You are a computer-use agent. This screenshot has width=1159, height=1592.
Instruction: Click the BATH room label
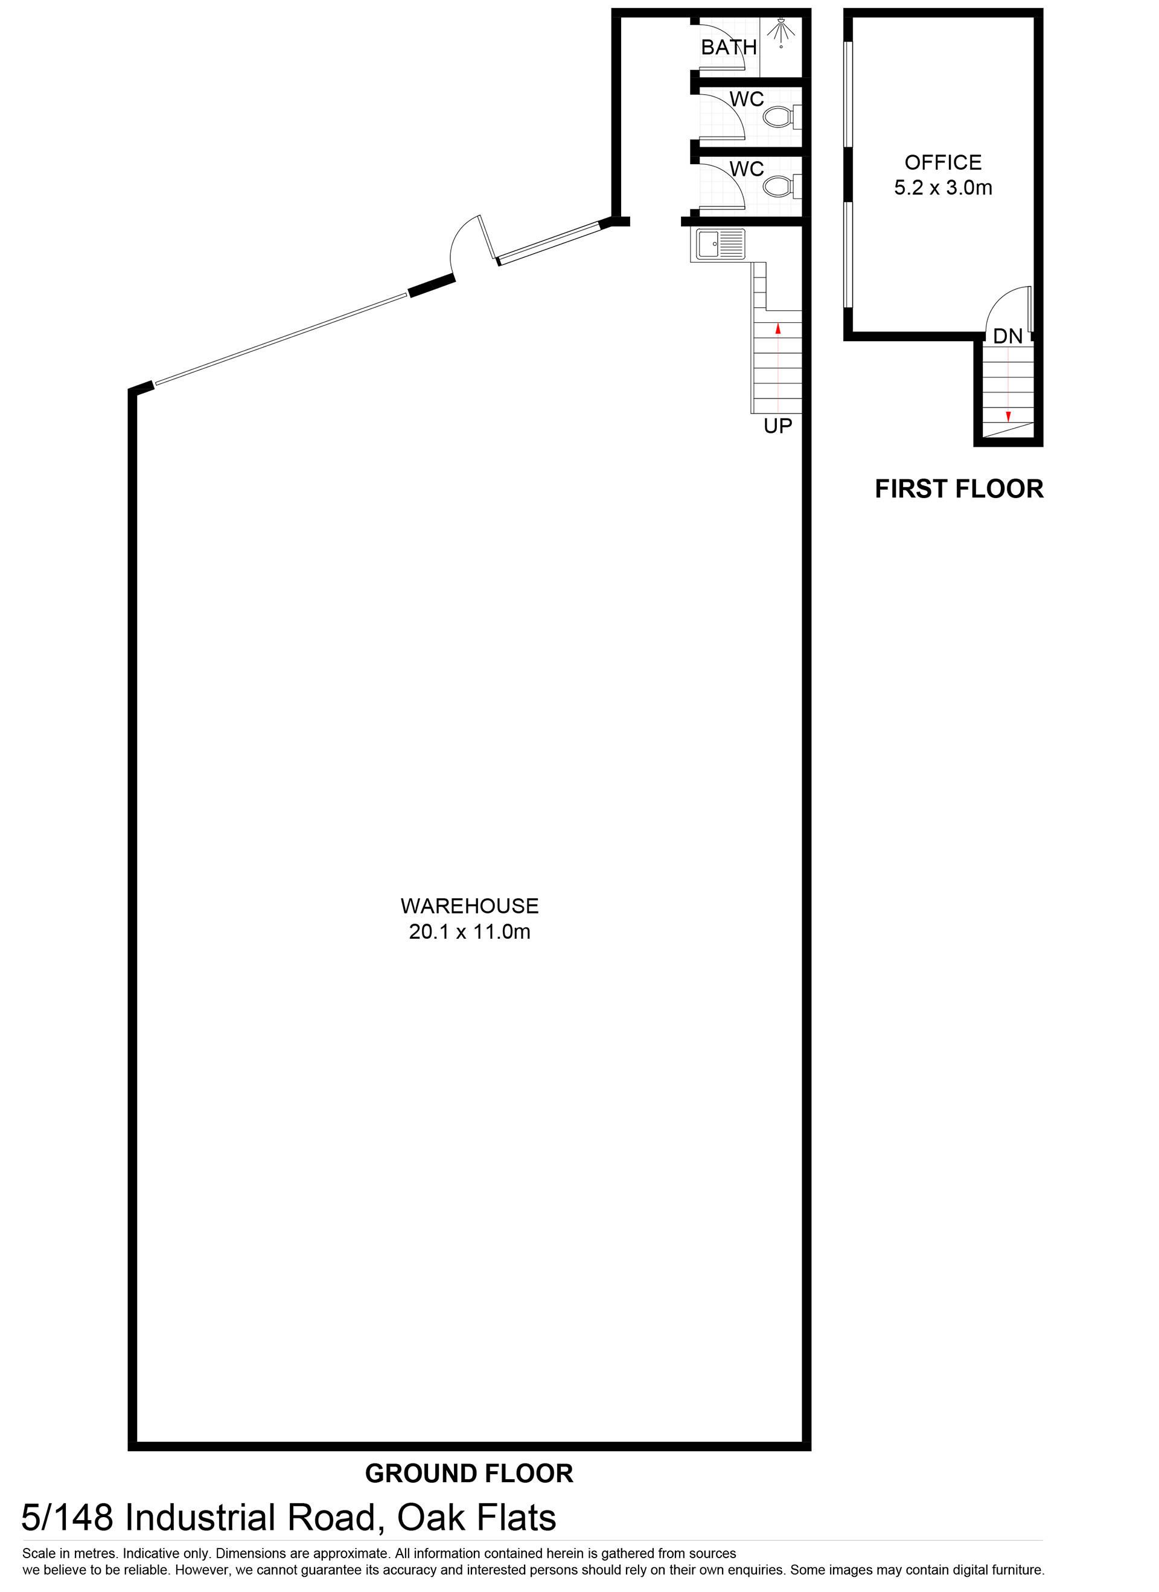coord(729,47)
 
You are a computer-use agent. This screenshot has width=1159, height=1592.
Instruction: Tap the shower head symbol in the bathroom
coord(781,31)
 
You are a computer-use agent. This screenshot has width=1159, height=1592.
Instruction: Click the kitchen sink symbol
coord(720,245)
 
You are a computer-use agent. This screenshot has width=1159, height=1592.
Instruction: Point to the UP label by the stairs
coord(778,426)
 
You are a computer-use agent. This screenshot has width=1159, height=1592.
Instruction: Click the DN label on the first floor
coord(1008,336)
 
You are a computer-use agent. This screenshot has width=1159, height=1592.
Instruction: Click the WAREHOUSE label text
coord(470,906)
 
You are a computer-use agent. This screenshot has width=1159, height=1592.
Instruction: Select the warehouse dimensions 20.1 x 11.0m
coord(470,932)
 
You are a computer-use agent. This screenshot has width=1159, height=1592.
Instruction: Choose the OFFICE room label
coord(943,162)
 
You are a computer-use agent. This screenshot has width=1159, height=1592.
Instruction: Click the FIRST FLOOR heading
coord(959,488)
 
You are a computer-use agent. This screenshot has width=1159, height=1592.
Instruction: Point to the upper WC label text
coord(747,99)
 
